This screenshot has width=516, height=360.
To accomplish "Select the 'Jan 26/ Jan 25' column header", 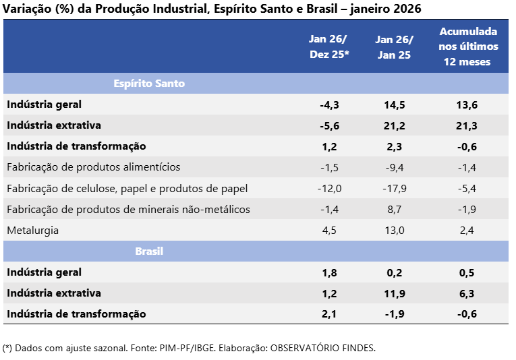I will point(395,47).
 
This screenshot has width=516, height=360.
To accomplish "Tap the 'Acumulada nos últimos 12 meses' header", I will point(468,47).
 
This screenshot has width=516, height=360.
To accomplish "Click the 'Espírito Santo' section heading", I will point(148,84).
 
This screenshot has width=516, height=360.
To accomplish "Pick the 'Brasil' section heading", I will point(149,251).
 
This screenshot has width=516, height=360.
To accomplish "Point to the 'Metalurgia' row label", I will point(32,231).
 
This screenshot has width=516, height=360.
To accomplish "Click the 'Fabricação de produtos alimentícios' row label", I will point(93,167).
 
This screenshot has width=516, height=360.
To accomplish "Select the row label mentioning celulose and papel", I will point(127,188).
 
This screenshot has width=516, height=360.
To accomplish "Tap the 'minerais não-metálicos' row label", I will point(128,210).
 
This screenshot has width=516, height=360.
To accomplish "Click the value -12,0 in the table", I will point(329,188).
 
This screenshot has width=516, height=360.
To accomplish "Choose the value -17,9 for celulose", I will point(395,188).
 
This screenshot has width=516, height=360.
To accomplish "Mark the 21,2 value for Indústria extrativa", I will point(395,125).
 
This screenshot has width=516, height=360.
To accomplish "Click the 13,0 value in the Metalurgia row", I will point(395,231).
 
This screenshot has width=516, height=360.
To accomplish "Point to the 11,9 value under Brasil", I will point(395,293).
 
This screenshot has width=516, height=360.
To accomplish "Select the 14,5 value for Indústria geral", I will point(395,104).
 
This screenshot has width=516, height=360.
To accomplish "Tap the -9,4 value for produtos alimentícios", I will point(395,167).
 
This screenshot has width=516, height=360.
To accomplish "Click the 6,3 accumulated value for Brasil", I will point(468,293).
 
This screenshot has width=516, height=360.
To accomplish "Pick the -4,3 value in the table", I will point(329,104).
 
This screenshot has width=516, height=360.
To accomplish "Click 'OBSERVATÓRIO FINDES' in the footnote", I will point(322,349).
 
